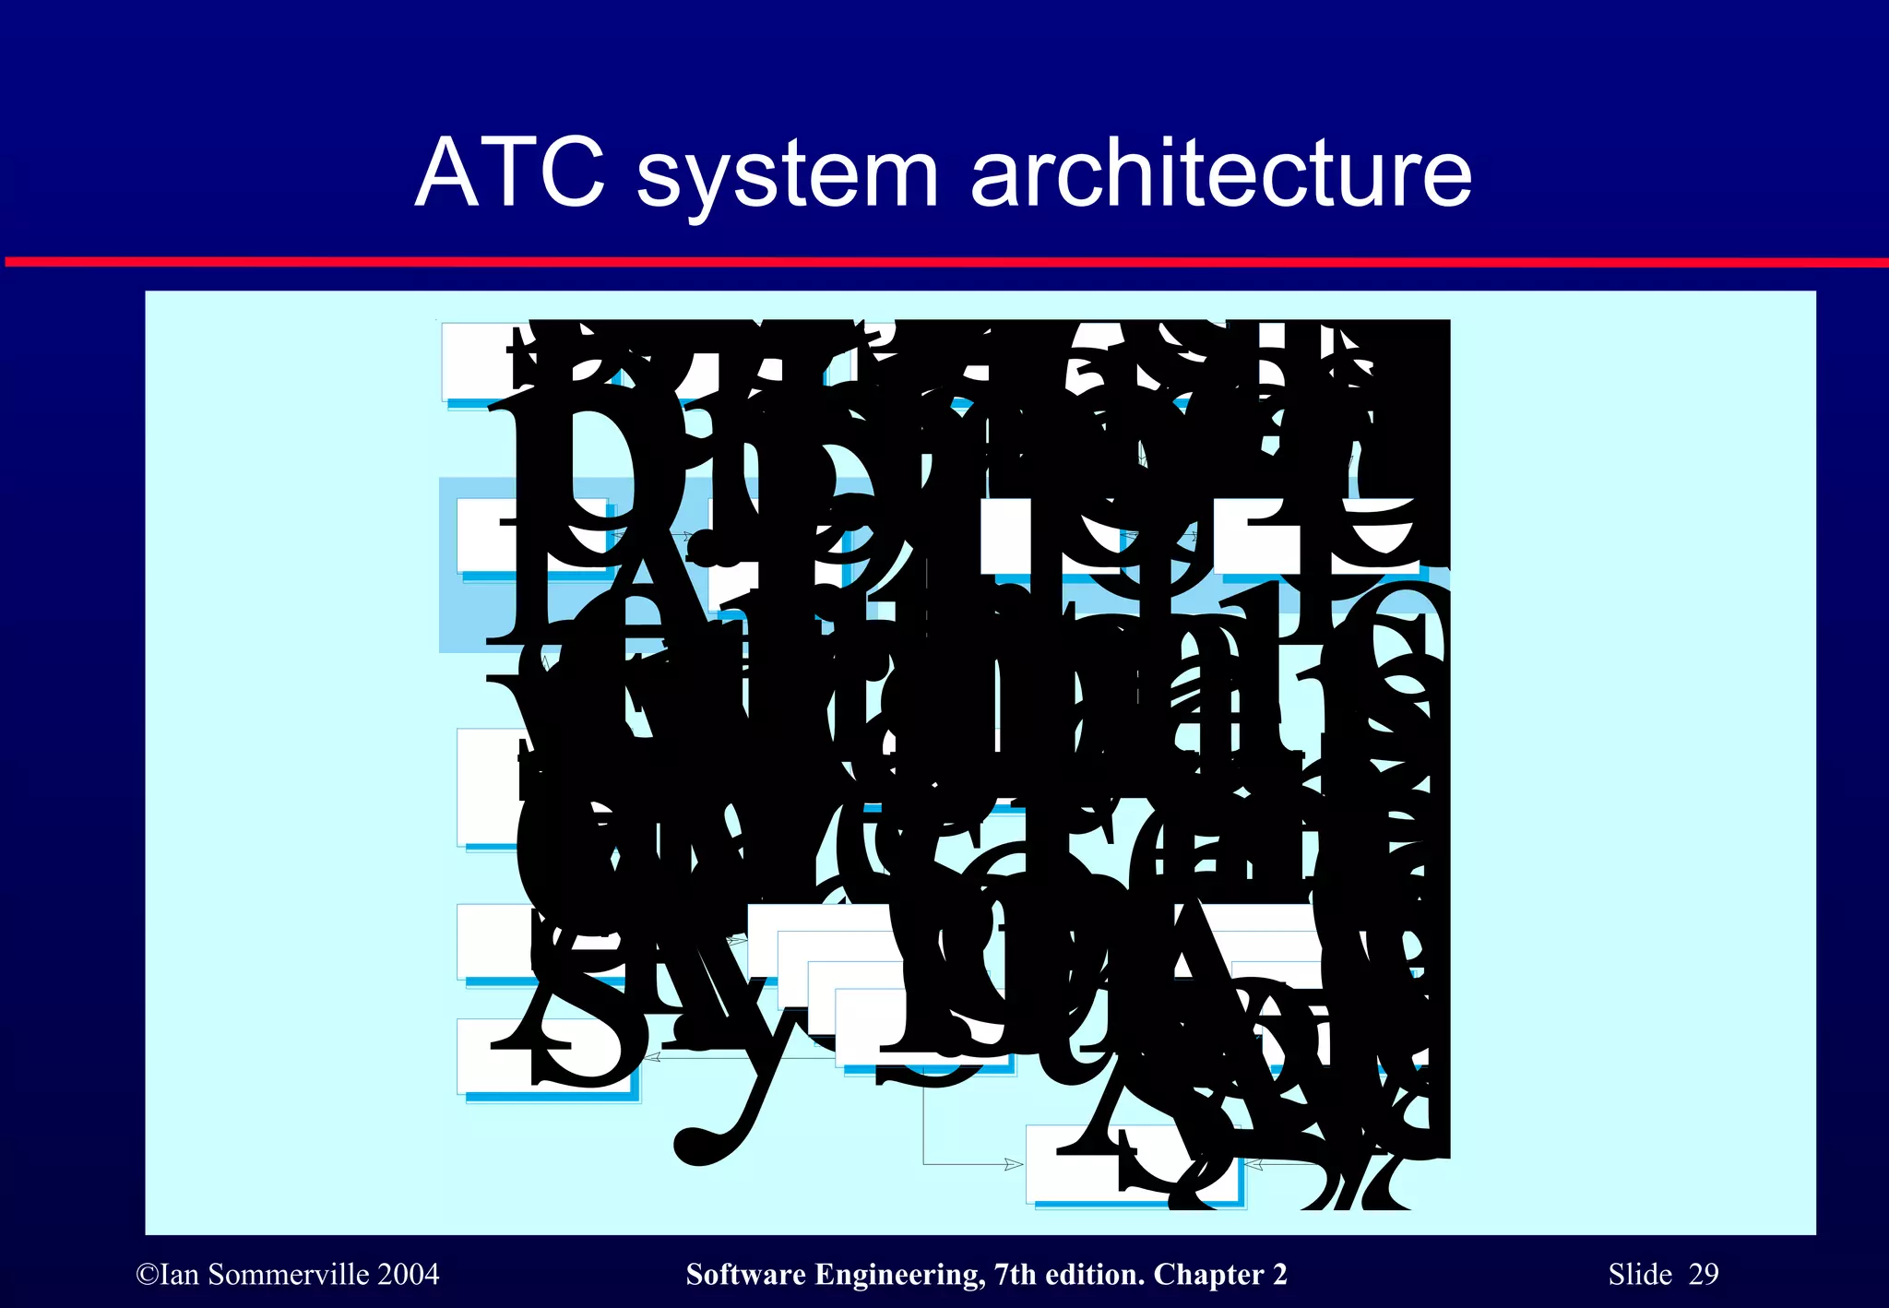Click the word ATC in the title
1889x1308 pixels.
[x=510, y=172]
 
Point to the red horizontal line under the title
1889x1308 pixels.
[x=944, y=263]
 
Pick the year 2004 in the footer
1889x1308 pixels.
[x=408, y=1275]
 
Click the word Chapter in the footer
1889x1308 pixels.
[x=1208, y=1275]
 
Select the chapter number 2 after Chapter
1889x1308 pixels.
[x=1280, y=1275]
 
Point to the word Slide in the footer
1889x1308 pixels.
[x=1640, y=1275]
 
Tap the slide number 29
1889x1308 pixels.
[x=1704, y=1275]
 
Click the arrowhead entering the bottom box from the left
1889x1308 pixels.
[x=1015, y=1164]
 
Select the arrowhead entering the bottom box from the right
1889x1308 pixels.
[x=1253, y=1165]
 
